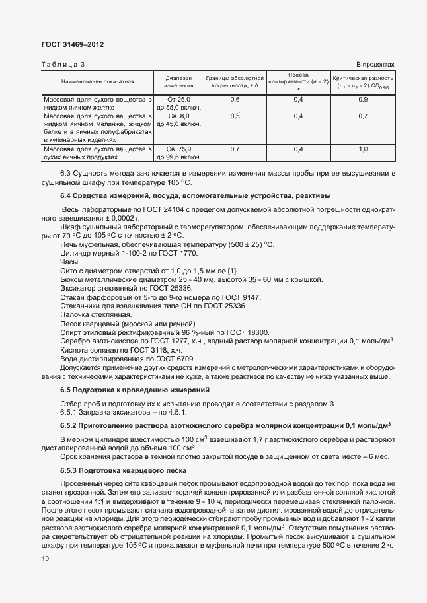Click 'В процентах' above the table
(375, 65)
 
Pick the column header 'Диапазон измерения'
(178, 81)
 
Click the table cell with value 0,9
(363, 99)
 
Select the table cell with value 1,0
(363, 149)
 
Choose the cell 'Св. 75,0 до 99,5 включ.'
(178, 153)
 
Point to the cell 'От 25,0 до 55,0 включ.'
(178, 103)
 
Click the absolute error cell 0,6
(235, 99)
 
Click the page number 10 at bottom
(45, 559)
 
